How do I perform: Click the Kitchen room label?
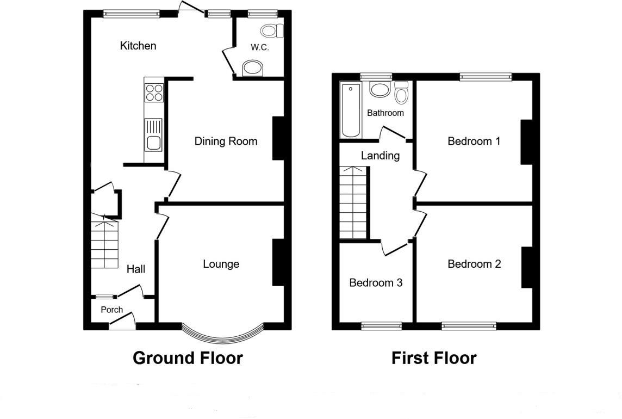pos(138,46)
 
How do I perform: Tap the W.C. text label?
pos(259,47)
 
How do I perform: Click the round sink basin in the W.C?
pos(252,68)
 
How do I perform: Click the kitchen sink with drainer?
pos(153,135)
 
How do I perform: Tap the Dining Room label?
pos(226,141)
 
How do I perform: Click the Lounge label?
pos(221,264)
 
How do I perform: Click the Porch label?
pos(112,310)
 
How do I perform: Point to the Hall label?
pos(136,269)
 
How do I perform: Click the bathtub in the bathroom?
pos(351,110)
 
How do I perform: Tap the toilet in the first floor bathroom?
pos(401,94)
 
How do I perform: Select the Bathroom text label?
pos(385,113)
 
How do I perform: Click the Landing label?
pos(381,156)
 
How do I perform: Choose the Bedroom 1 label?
pos(474,141)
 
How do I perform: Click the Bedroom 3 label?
pos(376,283)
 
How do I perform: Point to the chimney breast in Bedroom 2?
pos(526,267)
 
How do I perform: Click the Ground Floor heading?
pos(188,358)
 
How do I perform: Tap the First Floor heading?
pos(434,358)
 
